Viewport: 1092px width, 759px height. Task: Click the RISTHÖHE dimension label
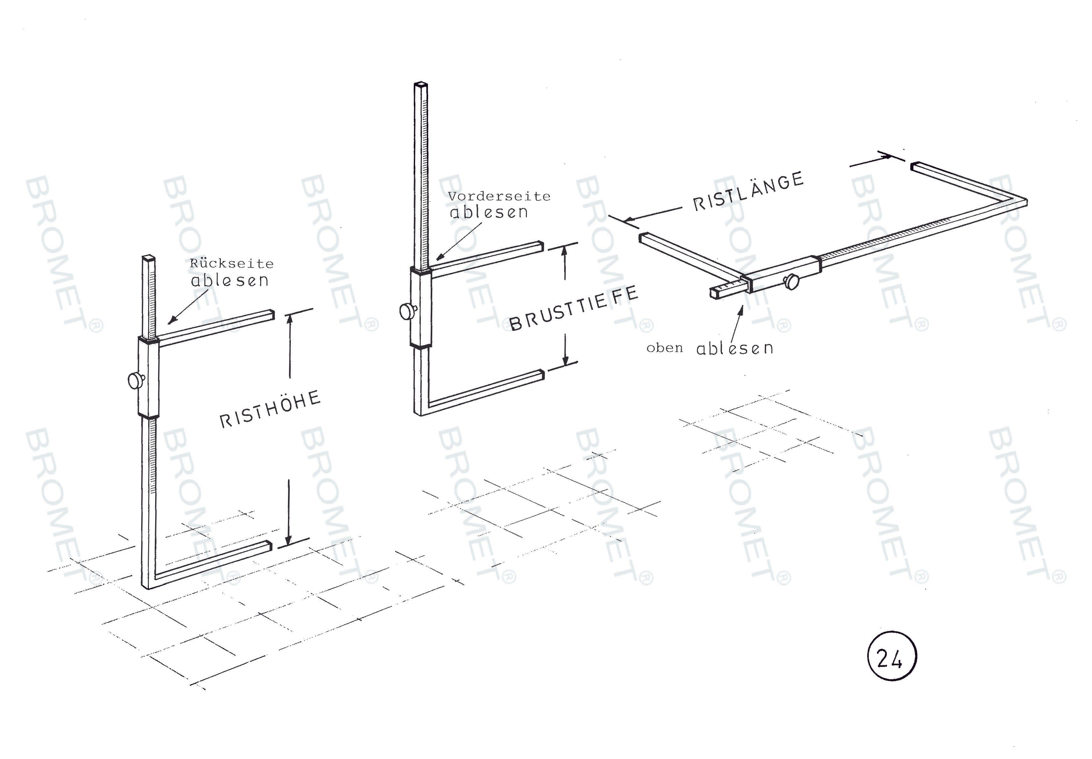click(270, 409)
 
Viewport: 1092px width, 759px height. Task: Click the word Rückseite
click(232, 264)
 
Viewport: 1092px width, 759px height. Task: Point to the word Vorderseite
click(499, 196)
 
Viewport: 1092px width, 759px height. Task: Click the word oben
click(665, 348)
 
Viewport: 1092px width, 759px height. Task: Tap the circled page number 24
click(892, 656)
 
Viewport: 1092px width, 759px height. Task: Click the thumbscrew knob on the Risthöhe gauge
click(136, 381)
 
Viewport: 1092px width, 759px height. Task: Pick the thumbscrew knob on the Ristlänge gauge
click(791, 281)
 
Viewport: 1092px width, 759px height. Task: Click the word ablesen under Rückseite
click(230, 280)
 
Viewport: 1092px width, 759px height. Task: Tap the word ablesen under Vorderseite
click(489, 212)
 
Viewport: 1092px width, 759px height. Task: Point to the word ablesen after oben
click(735, 348)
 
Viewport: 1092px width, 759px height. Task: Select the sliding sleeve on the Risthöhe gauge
click(149, 376)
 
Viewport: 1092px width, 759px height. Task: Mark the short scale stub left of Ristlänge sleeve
click(725, 290)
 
